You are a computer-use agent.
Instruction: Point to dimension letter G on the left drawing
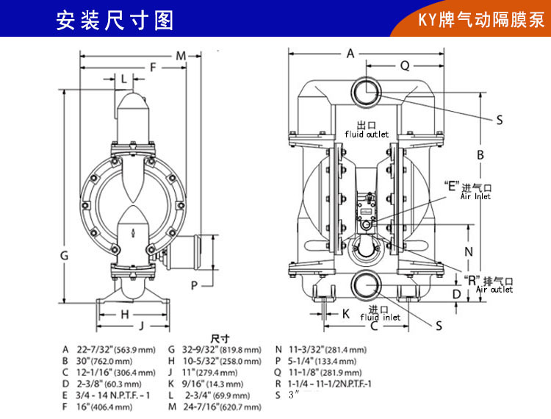coord(64,255)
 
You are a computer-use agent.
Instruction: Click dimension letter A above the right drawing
coord(350,53)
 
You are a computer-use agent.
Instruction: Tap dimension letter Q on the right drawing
coord(404,65)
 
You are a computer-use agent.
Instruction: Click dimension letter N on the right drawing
coord(469,251)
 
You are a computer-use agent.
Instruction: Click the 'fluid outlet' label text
coord(367,135)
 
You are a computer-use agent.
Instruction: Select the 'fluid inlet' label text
coord(380,318)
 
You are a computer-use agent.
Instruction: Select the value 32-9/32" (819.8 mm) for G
coord(220,350)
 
